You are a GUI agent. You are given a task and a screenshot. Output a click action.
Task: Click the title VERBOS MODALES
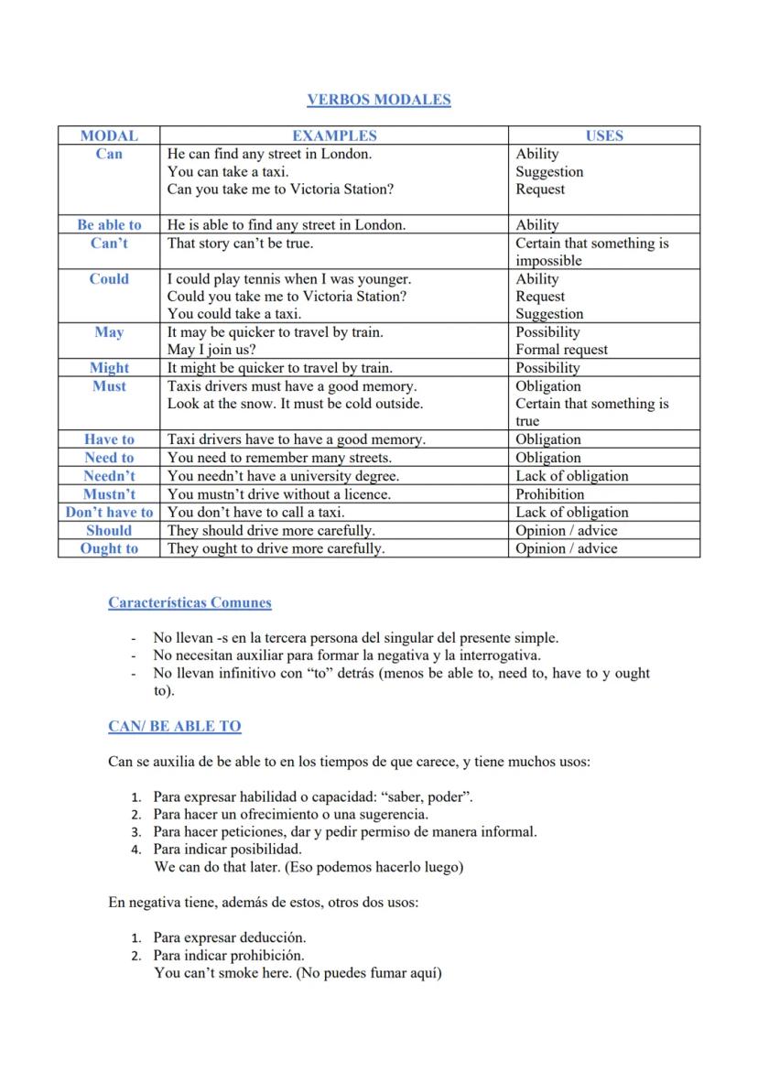click(x=378, y=100)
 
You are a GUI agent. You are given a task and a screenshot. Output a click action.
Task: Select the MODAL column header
click(x=109, y=135)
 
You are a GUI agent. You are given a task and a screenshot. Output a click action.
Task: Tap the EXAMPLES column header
click(x=334, y=135)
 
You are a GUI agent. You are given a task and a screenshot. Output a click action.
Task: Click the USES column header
click(x=604, y=135)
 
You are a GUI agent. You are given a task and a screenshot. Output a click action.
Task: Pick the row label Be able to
click(x=109, y=224)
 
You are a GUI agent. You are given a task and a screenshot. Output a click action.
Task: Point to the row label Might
click(x=109, y=367)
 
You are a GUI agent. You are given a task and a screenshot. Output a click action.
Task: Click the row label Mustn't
click(x=109, y=493)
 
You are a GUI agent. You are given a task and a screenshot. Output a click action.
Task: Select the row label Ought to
click(x=109, y=548)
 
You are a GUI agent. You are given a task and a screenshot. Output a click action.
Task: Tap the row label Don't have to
click(x=109, y=512)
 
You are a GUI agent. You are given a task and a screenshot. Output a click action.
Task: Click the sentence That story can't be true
click(x=240, y=243)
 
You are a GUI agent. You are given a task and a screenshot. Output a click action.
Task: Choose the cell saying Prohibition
click(x=549, y=493)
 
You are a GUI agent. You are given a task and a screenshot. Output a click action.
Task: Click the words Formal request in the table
click(x=561, y=349)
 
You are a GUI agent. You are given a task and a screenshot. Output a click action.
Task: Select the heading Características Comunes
click(x=189, y=602)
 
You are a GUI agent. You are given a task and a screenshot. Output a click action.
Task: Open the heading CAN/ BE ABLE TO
click(x=174, y=726)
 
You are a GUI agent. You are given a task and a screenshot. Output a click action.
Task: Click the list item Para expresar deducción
click(x=229, y=937)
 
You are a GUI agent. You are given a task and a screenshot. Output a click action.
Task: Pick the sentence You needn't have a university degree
click(x=283, y=476)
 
